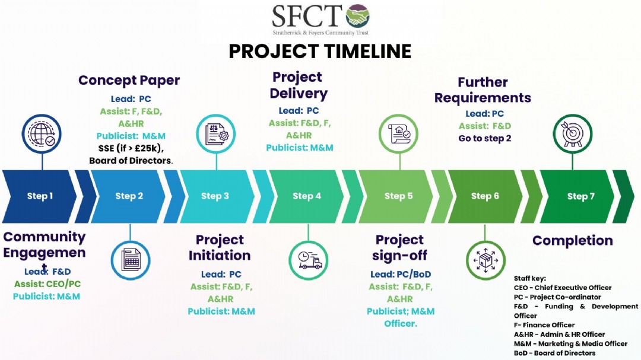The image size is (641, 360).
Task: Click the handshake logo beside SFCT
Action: [x=357, y=16]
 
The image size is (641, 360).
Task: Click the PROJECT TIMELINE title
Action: [x=320, y=52]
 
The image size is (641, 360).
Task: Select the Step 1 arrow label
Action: [x=40, y=196]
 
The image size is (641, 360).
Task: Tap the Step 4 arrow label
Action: [x=307, y=196]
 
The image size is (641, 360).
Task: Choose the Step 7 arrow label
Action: [x=580, y=196]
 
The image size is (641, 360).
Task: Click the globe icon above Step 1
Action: [x=42, y=134]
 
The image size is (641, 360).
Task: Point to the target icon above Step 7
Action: [x=573, y=134]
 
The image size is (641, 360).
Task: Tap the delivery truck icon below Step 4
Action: [x=308, y=260]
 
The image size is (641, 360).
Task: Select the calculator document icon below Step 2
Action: [x=131, y=260]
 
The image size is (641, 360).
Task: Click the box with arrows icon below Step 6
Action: [x=485, y=260]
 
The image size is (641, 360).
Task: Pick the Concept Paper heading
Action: [x=129, y=81]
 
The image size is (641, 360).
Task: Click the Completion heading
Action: [x=572, y=241]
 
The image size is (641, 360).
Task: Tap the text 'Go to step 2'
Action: [x=485, y=139]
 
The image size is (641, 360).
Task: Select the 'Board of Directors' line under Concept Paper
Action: [x=131, y=161]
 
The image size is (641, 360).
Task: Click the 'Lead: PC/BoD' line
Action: [x=401, y=274]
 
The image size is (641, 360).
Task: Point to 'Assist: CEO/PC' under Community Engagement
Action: [x=47, y=284]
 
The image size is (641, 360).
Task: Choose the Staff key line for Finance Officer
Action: [x=544, y=325]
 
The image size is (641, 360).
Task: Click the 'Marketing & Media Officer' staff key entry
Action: [x=571, y=344]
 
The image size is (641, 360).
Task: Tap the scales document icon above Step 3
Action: [x=215, y=134]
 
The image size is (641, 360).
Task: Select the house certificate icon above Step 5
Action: [x=398, y=134]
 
